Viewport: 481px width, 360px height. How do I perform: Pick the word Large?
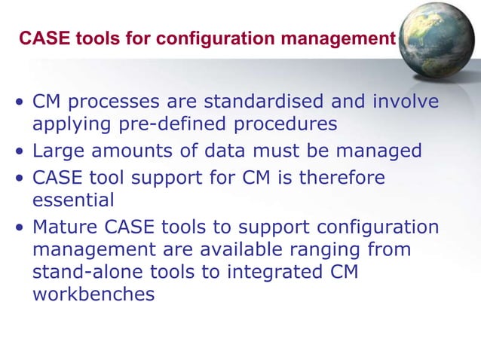[x=57, y=151]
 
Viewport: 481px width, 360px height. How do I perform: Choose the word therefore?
[x=342, y=178]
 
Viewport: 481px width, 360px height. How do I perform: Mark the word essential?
[x=73, y=200]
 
